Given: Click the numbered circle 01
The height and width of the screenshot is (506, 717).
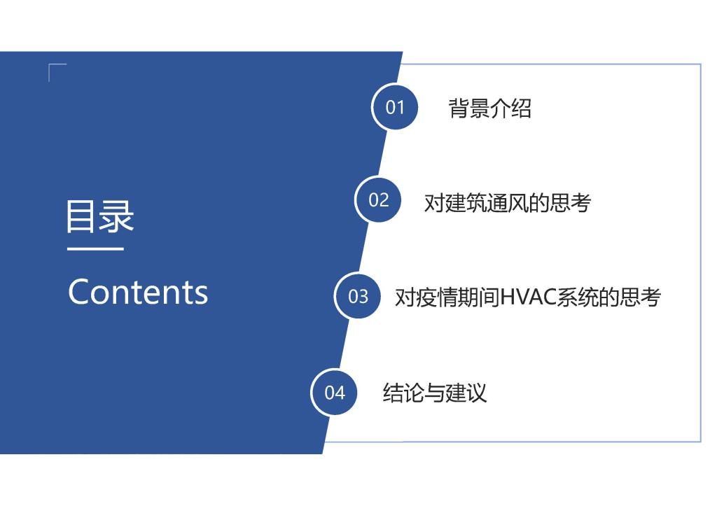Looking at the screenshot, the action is [395, 107].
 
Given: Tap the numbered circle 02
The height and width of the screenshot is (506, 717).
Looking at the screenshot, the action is [378, 199].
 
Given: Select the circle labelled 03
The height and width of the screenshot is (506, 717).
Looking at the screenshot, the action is [358, 296].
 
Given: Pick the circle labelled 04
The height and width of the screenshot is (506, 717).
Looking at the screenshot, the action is [334, 392].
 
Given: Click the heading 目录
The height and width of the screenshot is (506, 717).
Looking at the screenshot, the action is [100, 216].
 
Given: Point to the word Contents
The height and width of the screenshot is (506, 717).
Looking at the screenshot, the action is [138, 292].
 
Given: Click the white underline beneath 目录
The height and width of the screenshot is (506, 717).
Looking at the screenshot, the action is [95, 249].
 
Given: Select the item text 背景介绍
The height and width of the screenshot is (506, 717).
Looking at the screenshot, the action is [489, 108].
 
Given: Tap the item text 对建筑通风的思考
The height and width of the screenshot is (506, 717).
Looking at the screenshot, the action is [508, 202].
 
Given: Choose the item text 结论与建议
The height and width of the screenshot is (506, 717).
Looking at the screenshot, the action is [434, 393].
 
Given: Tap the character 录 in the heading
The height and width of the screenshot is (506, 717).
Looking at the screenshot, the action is [117, 216].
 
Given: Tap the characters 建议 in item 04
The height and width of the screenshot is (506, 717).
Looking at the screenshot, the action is [466, 393].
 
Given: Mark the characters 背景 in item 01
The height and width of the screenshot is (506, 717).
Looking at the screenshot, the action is [468, 108].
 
